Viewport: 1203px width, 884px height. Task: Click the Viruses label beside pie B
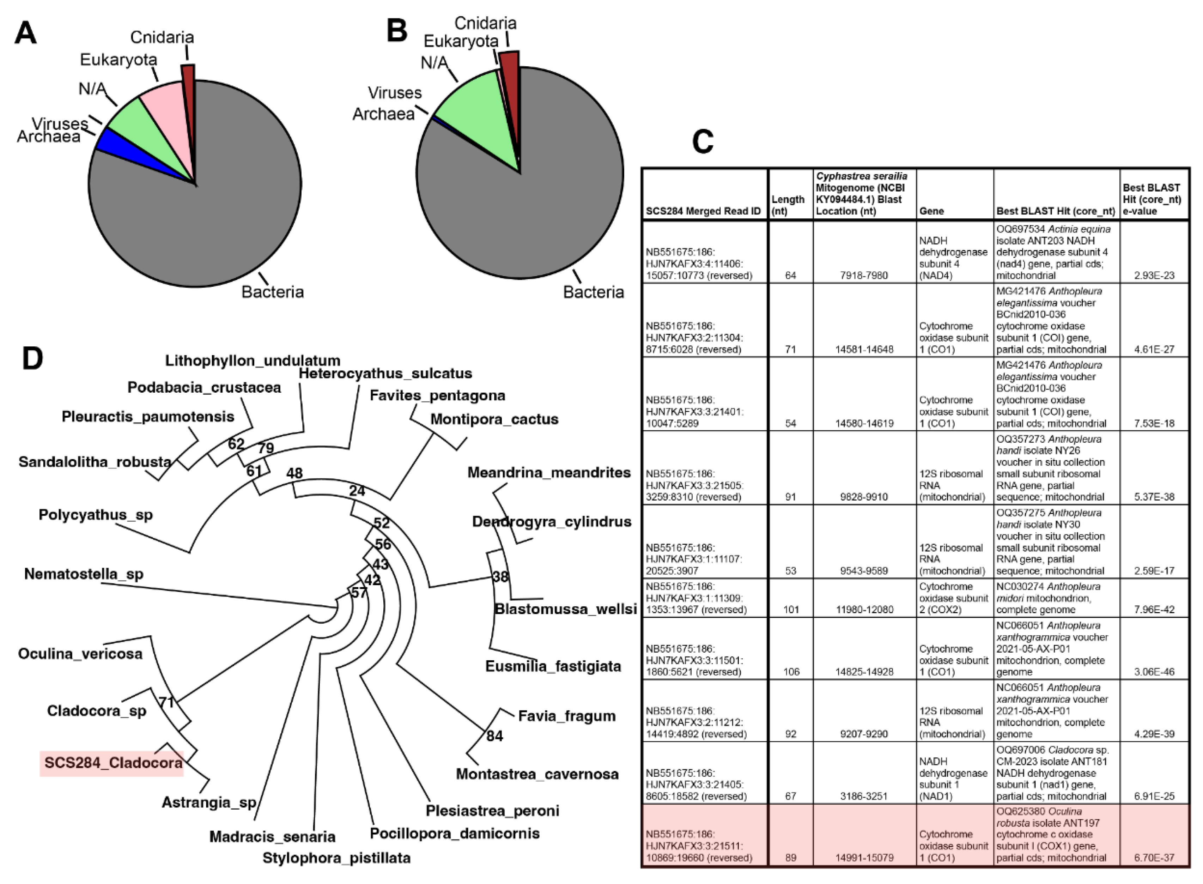[x=395, y=93]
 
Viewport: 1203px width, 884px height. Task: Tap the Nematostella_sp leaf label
[x=84, y=574]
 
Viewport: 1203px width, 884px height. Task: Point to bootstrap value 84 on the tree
[x=494, y=736]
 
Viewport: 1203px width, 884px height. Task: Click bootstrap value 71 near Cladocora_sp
[x=166, y=702]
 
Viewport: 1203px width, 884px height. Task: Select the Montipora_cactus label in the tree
[x=494, y=419]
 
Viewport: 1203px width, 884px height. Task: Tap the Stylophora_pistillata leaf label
[x=336, y=858]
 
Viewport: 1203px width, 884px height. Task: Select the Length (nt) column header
[x=788, y=205]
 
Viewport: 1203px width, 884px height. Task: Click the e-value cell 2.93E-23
[x=1154, y=276]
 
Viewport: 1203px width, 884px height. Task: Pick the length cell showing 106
[x=791, y=672]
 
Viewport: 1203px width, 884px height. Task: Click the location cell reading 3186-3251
[x=864, y=796]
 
